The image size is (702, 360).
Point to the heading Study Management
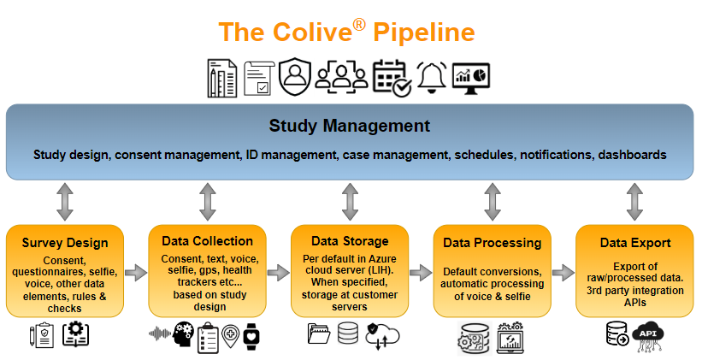click(x=349, y=126)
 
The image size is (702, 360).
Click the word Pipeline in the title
click(x=424, y=32)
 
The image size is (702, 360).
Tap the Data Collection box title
click(x=207, y=241)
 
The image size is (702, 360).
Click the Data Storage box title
click(x=349, y=241)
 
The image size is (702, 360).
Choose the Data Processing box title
click(x=492, y=243)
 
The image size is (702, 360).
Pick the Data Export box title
click(x=634, y=243)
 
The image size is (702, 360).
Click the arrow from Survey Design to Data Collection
click(x=135, y=273)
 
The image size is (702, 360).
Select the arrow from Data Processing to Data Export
click(x=563, y=273)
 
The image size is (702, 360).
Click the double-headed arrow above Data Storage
click(x=350, y=202)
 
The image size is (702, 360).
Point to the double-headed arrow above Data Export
click(x=634, y=202)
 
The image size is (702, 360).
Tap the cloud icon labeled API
click(x=650, y=334)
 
